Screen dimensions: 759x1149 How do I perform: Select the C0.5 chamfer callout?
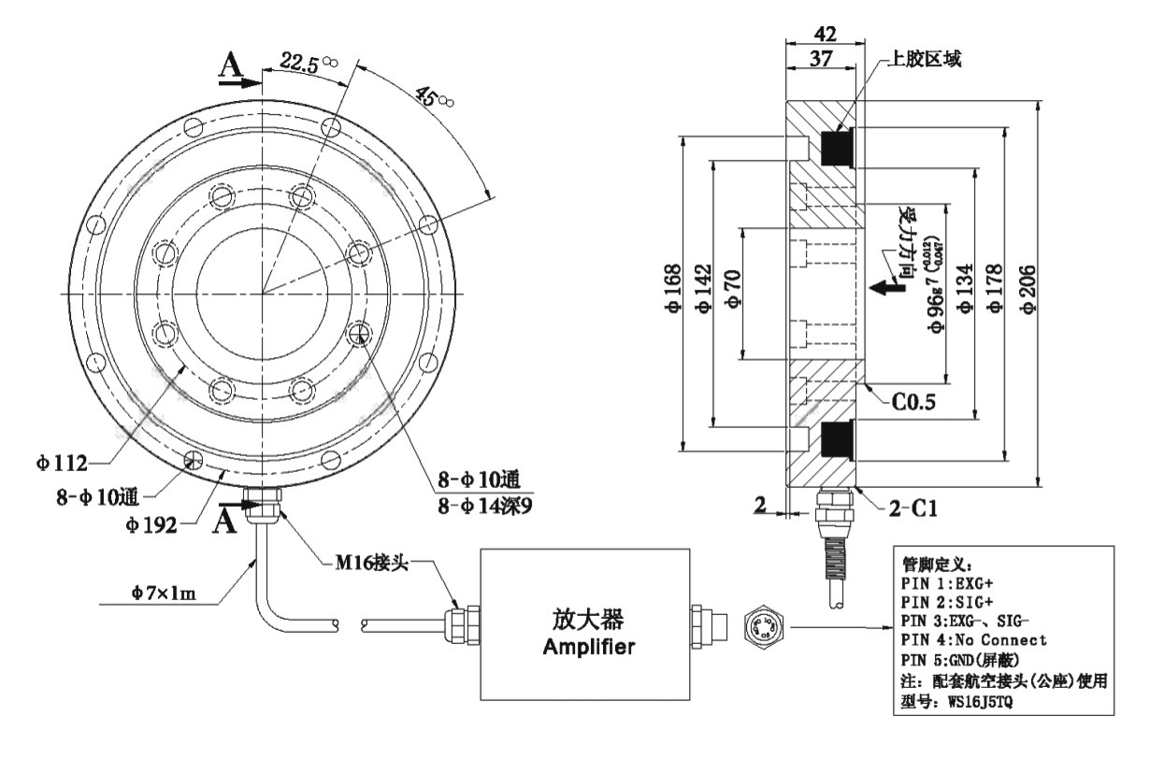coord(912,404)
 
